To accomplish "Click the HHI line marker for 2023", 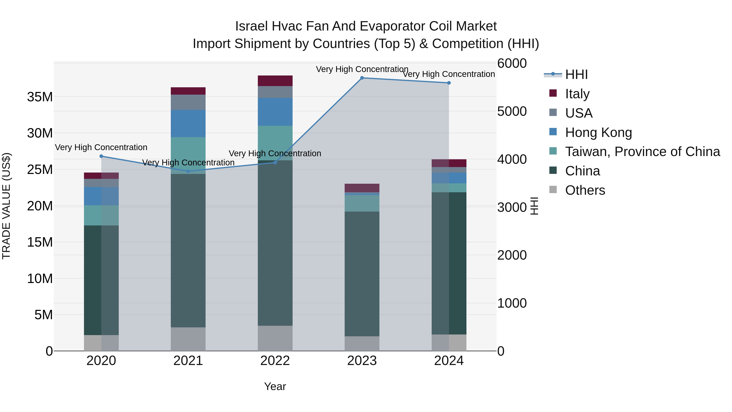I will click(362, 78).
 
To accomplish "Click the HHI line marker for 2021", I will click(188, 171).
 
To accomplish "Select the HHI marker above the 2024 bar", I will click(449, 83).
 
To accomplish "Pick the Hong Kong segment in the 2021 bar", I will click(188, 123).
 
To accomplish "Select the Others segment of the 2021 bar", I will click(188, 339).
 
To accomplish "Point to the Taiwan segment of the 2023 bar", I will click(362, 203).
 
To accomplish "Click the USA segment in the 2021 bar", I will click(188, 102).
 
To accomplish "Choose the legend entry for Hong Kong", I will click(598, 132).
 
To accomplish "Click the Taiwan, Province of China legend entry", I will click(642, 152).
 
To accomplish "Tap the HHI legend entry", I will click(576, 74).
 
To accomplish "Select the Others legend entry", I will click(585, 190).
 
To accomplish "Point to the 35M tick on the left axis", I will click(40, 97).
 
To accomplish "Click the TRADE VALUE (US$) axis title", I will click(6, 206).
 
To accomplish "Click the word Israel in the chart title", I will click(251, 26).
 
